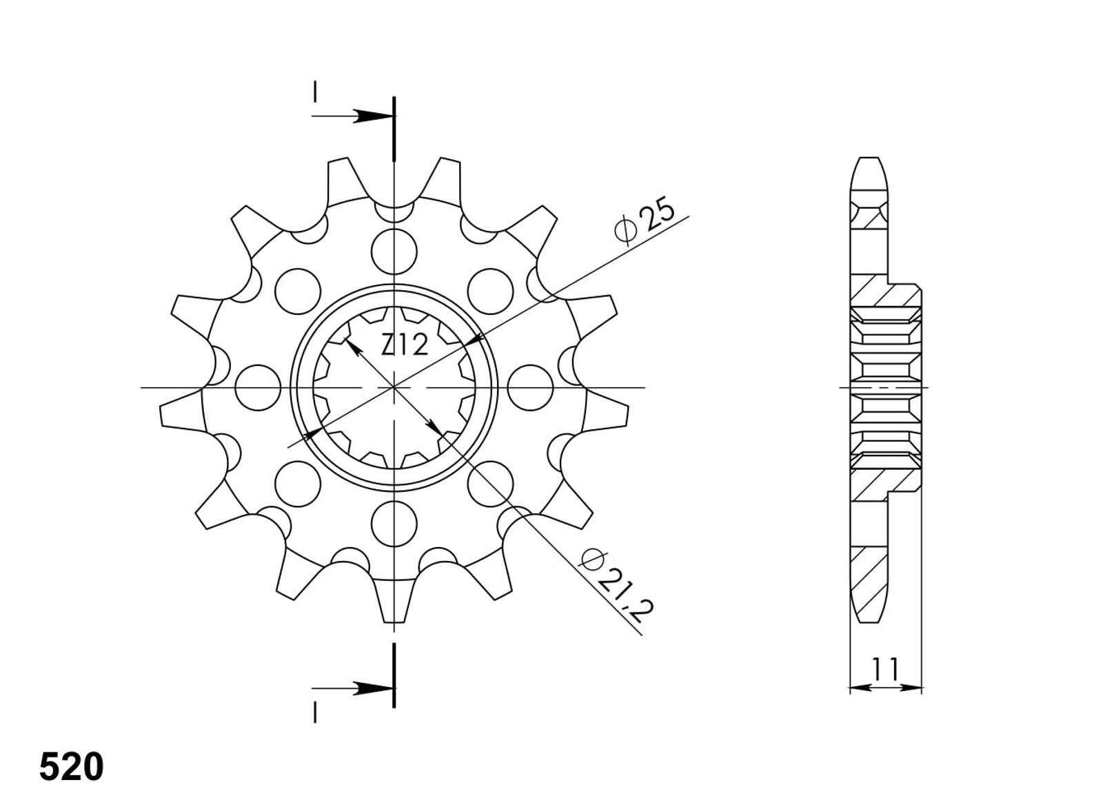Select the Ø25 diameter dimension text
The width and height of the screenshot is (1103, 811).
click(x=645, y=221)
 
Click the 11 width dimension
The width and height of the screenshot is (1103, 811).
click(x=886, y=668)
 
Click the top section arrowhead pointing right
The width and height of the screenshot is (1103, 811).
click(x=374, y=116)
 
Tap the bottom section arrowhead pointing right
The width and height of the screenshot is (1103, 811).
click(x=374, y=688)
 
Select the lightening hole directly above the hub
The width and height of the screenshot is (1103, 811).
click(x=394, y=251)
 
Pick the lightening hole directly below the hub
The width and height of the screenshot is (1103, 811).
click(x=394, y=524)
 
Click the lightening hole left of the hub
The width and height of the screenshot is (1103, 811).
click(x=258, y=388)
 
